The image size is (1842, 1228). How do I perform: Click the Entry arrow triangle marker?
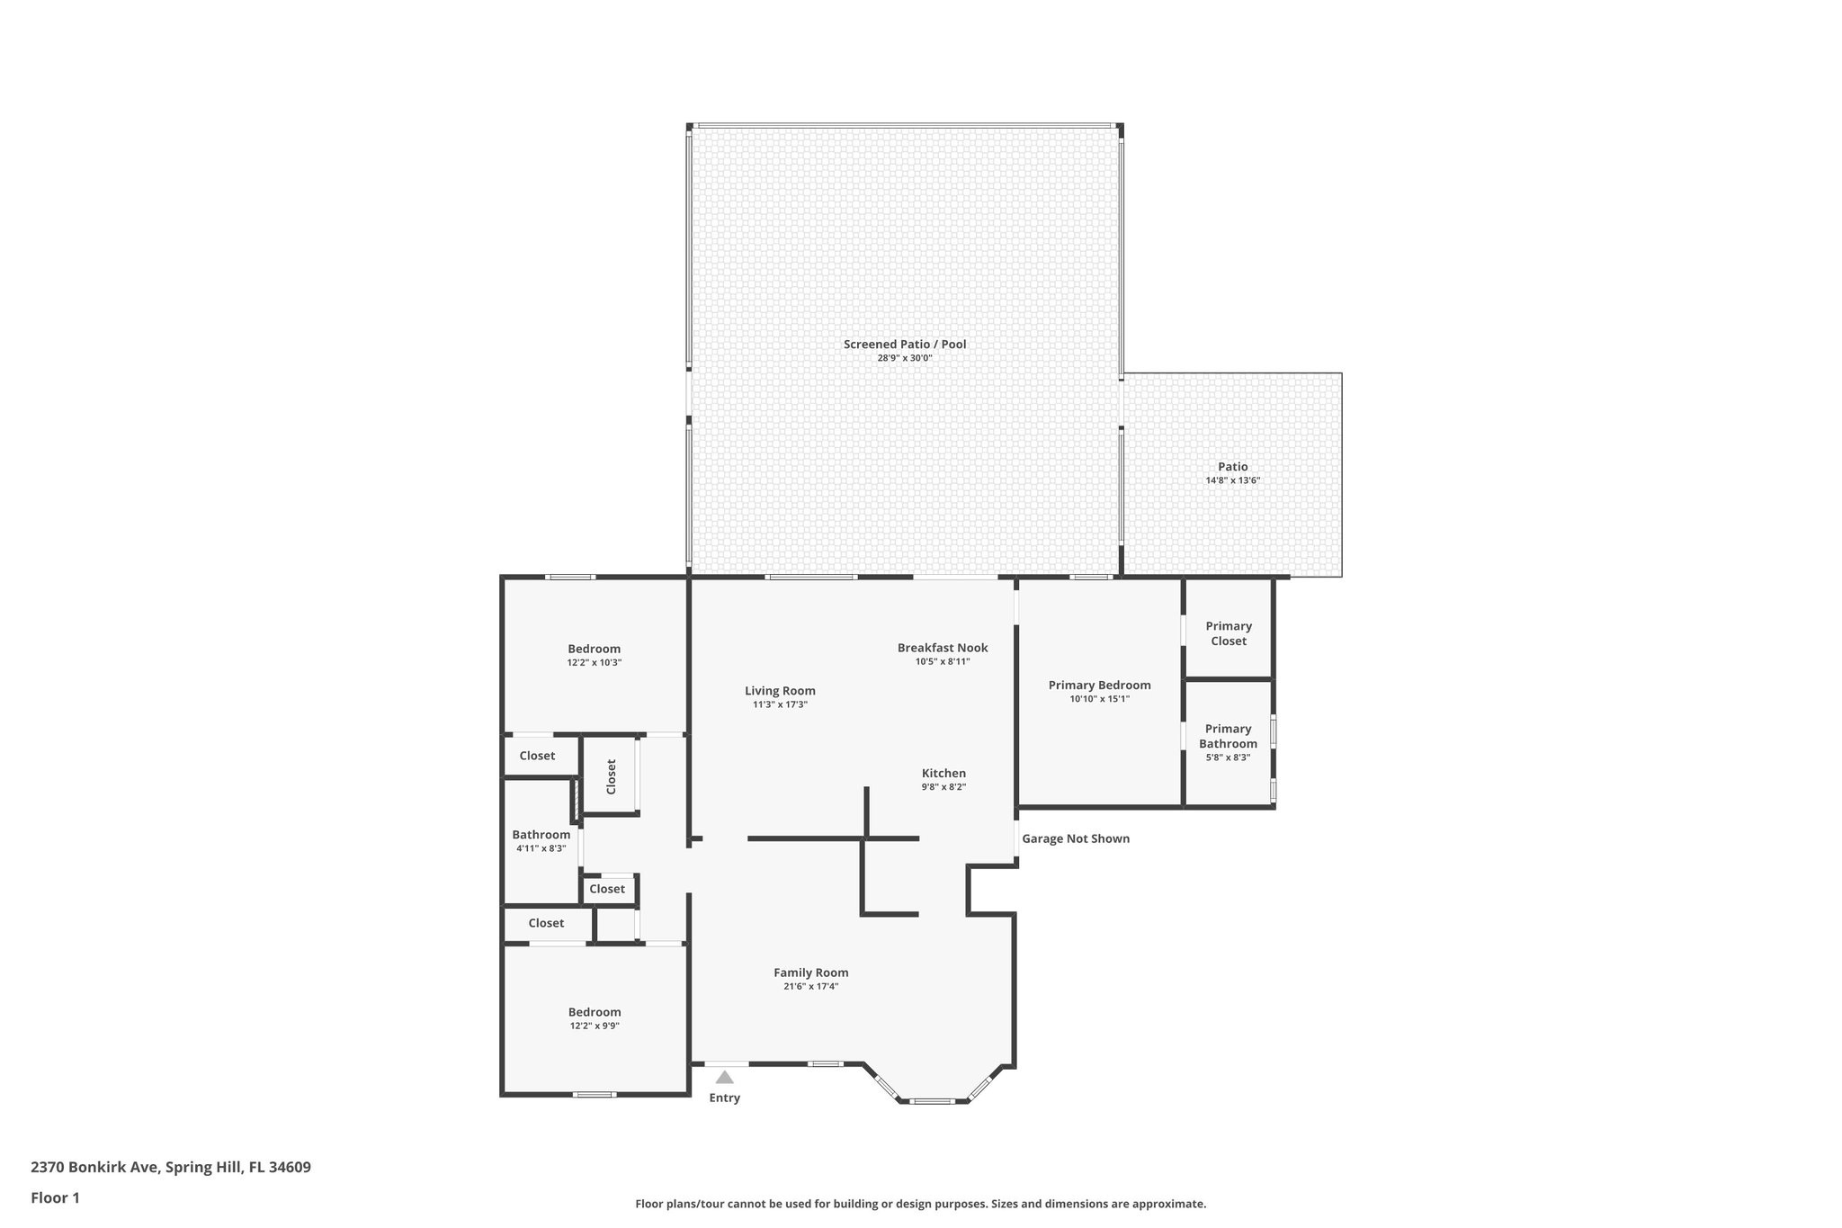coord(724,1077)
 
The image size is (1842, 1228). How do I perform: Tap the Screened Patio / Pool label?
coord(905,344)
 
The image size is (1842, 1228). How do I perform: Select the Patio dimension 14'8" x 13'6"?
coord(1232,480)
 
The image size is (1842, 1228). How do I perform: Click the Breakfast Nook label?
coord(943,648)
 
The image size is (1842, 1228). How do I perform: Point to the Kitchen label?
coord(943,773)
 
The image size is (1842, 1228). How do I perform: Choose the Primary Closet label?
coord(1229,633)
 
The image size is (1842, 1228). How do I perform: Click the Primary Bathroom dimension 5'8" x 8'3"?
coord(1228,757)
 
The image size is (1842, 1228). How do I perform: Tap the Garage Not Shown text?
coord(1076,838)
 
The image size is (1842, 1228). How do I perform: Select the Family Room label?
coord(811,973)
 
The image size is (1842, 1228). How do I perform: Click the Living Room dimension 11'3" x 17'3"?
coord(780,704)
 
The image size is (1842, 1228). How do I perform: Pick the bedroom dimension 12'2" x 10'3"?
coord(594,662)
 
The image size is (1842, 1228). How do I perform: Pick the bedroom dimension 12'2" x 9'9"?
coord(594,1026)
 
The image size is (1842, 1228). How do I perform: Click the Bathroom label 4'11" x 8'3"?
coord(541,835)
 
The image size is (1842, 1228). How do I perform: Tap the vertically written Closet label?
coord(612,776)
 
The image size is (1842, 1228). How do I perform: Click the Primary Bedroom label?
coord(1099,685)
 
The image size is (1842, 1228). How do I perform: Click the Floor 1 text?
coord(55,1197)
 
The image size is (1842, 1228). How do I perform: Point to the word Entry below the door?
coord(724,1098)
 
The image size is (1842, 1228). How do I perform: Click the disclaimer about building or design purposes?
coord(920,1204)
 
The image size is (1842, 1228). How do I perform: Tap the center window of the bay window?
coord(932,1101)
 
